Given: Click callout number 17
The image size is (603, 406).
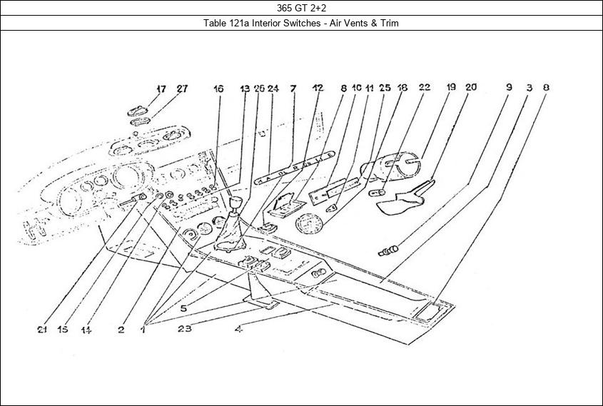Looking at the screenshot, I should [x=161, y=89].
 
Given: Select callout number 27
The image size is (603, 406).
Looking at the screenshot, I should [x=182, y=89].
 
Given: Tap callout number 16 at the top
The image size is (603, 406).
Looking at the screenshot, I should [x=218, y=89].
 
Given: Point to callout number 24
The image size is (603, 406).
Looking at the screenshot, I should [x=273, y=89].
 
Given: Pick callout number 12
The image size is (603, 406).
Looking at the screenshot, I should [x=318, y=88].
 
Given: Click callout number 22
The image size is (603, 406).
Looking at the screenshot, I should [x=424, y=88].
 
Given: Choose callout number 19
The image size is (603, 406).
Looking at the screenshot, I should [x=451, y=88].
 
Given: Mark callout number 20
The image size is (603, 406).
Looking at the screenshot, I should [x=471, y=88].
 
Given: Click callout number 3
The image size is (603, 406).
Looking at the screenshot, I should [x=528, y=88].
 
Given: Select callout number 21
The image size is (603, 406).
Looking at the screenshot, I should [x=42, y=330].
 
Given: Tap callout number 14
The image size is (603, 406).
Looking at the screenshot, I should [x=86, y=330].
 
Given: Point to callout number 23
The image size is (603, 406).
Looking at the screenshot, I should [x=185, y=330].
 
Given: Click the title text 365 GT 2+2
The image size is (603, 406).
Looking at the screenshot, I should [x=301, y=9].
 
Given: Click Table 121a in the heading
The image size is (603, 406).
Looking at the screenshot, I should [x=224, y=23].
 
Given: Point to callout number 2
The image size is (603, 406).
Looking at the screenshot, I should [x=121, y=330].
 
